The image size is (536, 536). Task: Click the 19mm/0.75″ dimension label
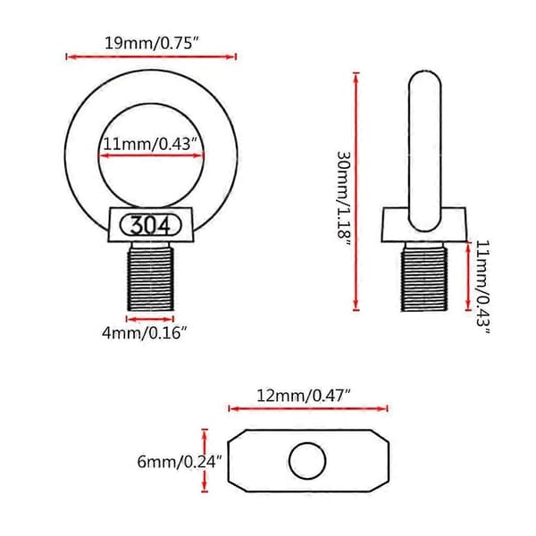click(x=152, y=44)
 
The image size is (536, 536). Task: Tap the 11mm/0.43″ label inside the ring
click(x=151, y=144)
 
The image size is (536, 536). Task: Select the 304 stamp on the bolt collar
click(x=150, y=226)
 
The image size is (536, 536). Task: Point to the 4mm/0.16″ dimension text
click(x=145, y=332)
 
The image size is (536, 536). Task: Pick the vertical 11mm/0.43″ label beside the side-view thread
click(x=483, y=287)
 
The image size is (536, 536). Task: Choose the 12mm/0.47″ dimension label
click(x=304, y=396)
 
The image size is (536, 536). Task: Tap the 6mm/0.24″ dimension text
click(x=180, y=462)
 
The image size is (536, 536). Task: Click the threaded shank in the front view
click(x=150, y=276)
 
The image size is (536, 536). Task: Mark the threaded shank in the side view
click(x=423, y=276)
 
